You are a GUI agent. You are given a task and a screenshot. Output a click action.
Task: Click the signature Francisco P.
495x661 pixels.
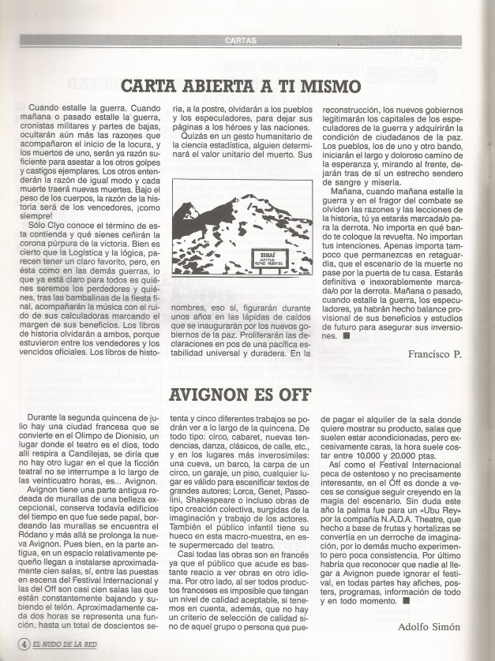click(x=434, y=355)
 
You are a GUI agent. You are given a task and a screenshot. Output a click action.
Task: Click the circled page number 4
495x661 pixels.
click(x=24, y=643)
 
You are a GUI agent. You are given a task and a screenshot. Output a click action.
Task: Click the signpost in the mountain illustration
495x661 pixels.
click(x=264, y=257)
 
